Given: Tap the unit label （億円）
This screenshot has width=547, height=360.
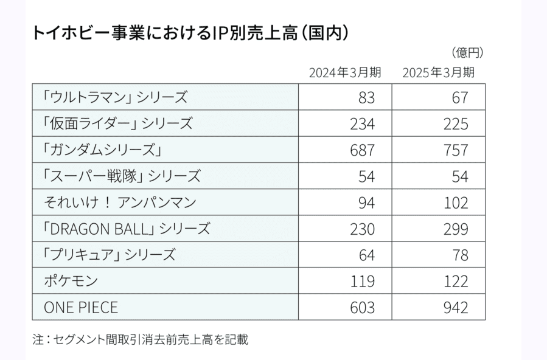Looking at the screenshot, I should click(x=467, y=52).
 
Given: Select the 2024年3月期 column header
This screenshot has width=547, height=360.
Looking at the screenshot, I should click(x=344, y=73).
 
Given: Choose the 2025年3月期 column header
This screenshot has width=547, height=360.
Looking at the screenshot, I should click(x=438, y=73).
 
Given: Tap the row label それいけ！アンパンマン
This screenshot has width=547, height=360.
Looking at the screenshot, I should click(x=120, y=202).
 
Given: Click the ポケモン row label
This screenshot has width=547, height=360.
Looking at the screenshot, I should click(x=71, y=281).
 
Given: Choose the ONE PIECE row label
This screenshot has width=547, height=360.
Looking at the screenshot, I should click(x=81, y=308).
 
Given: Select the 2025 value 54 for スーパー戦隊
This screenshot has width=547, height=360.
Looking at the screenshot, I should click(x=460, y=176).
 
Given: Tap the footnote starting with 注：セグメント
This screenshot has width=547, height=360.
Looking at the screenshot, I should click(x=140, y=340).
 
